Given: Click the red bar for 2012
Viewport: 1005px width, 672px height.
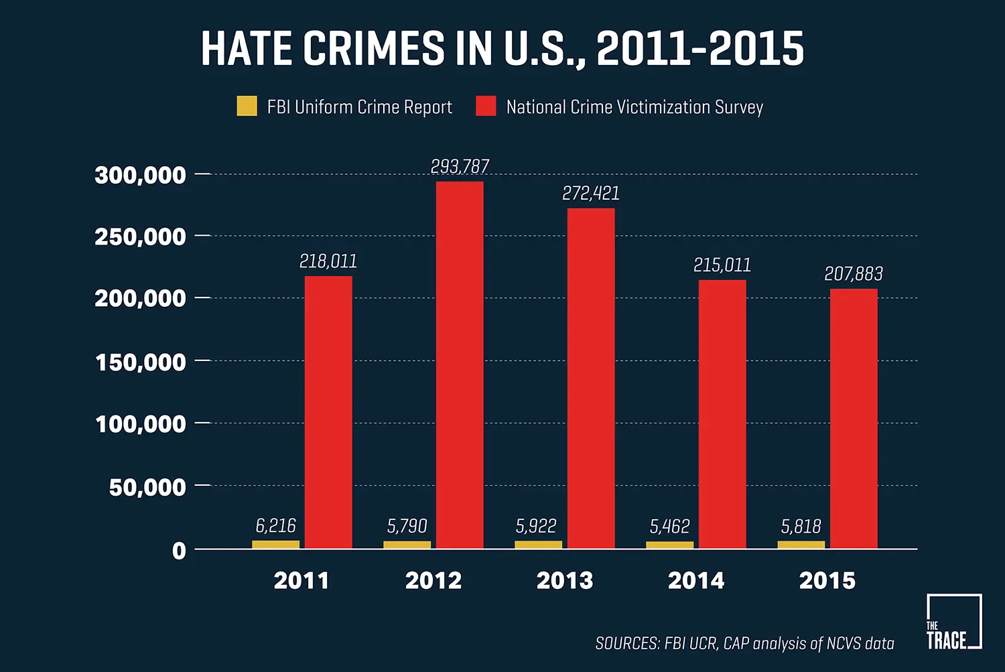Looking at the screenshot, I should click(x=460, y=365).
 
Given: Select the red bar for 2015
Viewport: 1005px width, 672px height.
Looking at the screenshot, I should click(x=854, y=419).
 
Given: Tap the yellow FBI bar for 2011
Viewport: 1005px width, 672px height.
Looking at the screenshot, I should click(x=275, y=545).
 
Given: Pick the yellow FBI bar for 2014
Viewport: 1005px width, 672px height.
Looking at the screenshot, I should click(x=669, y=545).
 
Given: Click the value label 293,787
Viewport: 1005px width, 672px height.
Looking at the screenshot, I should click(x=460, y=166).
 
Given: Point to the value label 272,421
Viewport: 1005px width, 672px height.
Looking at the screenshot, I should click(x=590, y=193).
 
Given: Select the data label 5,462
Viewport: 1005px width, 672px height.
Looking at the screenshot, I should click(x=669, y=527).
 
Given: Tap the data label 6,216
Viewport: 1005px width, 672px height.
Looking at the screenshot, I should click(x=275, y=526).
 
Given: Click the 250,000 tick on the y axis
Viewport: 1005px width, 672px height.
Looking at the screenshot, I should click(x=140, y=237).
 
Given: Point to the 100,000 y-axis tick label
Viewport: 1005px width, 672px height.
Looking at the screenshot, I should click(x=141, y=424).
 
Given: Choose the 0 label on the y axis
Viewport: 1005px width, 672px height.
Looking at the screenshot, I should click(x=179, y=551).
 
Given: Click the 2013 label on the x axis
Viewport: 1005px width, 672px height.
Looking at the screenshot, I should click(x=564, y=580).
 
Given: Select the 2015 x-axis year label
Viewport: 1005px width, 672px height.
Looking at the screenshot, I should click(x=827, y=580).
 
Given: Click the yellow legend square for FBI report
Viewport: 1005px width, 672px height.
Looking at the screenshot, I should click(x=247, y=107).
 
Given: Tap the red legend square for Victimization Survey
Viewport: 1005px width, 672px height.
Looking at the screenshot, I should click(x=486, y=107).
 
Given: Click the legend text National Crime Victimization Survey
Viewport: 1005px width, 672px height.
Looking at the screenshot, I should click(x=634, y=107).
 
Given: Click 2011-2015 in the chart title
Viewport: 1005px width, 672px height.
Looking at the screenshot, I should click(x=699, y=49).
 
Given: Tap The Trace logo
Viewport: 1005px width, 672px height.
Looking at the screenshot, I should click(x=953, y=622).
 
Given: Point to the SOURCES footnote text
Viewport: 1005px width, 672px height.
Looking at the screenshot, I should click(x=744, y=643).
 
